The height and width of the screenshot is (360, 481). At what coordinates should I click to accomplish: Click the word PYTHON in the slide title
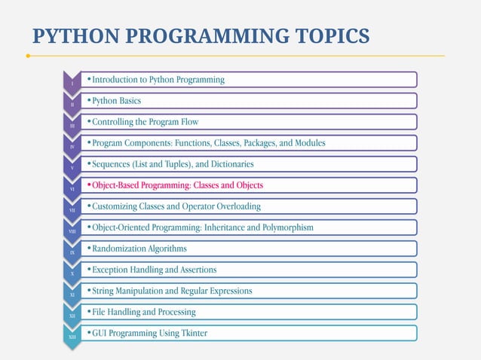[x=72, y=35]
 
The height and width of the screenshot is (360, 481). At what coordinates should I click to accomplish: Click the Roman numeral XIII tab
[x=72, y=337]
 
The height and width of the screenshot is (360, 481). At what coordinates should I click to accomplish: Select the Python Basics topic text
[x=116, y=100]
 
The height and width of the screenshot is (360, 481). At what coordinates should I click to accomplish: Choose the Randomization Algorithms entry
[x=139, y=248]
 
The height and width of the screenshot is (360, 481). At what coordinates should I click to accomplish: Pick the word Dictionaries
[x=227, y=163]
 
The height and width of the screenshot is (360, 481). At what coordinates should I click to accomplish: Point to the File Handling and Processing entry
[x=143, y=311]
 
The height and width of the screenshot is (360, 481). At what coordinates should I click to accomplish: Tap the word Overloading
[x=235, y=206]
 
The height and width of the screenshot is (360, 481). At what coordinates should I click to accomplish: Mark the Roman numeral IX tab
[x=72, y=252]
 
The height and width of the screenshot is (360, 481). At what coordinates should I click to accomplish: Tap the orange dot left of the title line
[x=28, y=56]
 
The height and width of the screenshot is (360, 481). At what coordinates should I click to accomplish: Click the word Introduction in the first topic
[x=118, y=79]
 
